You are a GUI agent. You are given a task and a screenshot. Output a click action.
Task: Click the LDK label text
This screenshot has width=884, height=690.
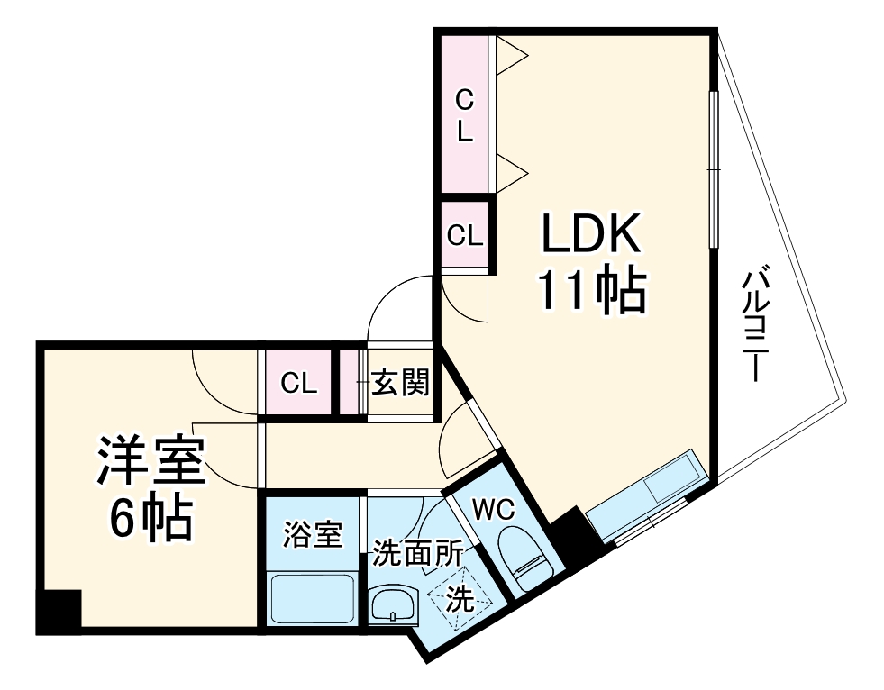click(590, 236)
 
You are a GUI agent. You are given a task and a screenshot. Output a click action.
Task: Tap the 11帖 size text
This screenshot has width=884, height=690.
click(590, 291)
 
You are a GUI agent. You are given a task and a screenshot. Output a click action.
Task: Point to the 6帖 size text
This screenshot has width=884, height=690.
click(150, 515)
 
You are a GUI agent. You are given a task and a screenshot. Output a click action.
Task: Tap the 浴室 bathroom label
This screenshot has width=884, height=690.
click(312, 535)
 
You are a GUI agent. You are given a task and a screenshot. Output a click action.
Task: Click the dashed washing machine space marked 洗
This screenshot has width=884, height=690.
click(460, 599)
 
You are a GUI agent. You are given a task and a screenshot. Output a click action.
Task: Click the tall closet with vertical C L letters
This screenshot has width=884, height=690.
click(464, 114)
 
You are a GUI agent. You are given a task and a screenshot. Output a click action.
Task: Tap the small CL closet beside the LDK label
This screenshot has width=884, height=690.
click(465, 236)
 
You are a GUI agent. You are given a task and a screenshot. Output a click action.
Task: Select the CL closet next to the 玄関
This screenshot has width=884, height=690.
click(298, 384)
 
